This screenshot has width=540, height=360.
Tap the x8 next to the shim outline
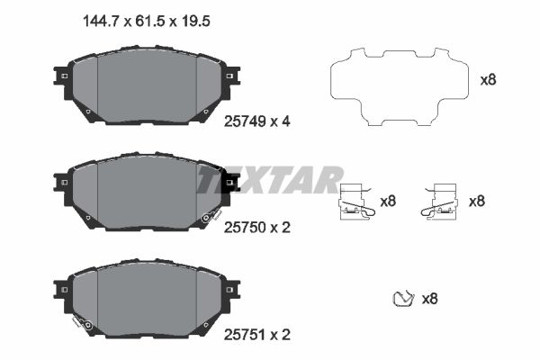[x=488, y=79]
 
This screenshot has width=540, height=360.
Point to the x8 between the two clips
[x=388, y=201]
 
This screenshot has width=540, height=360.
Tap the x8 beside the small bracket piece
[x=429, y=298]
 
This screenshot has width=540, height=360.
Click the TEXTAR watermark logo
[x=270, y=179]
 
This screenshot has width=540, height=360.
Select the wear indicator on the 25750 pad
[x=211, y=217]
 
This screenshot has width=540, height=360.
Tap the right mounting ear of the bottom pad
[x=232, y=289]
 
